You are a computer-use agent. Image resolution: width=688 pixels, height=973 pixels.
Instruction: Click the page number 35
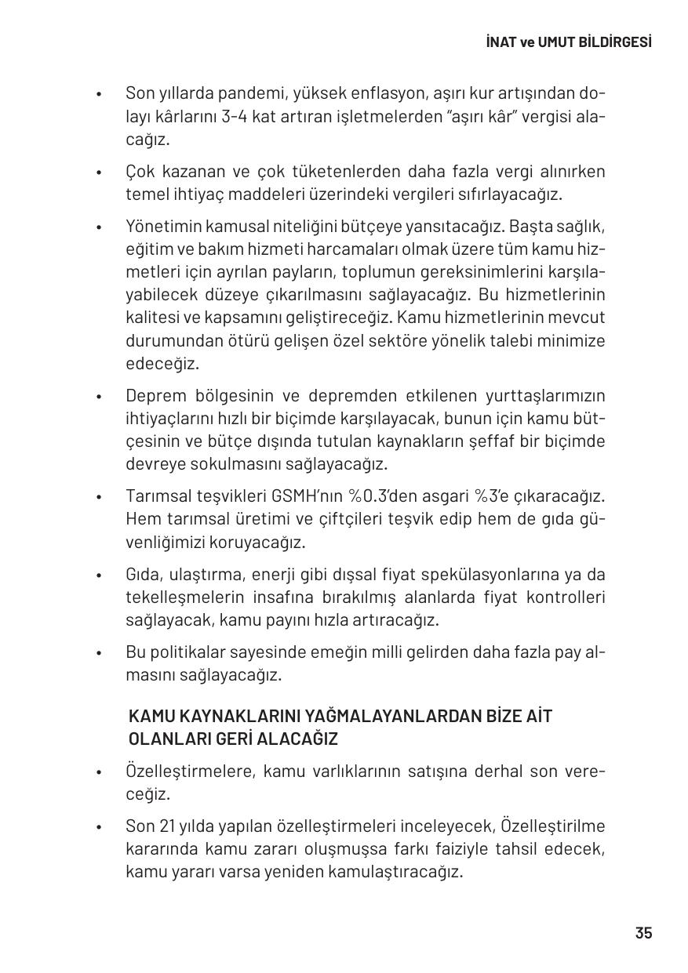[x=643, y=933]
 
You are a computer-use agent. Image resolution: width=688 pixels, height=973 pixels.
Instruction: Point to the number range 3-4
[x=234, y=117]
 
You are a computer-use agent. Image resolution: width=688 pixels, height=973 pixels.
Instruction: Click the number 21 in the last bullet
[x=167, y=826]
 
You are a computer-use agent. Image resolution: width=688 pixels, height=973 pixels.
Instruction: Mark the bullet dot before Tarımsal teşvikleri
[x=99, y=498]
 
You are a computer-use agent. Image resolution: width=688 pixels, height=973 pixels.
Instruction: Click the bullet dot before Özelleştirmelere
[x=99, y=772]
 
